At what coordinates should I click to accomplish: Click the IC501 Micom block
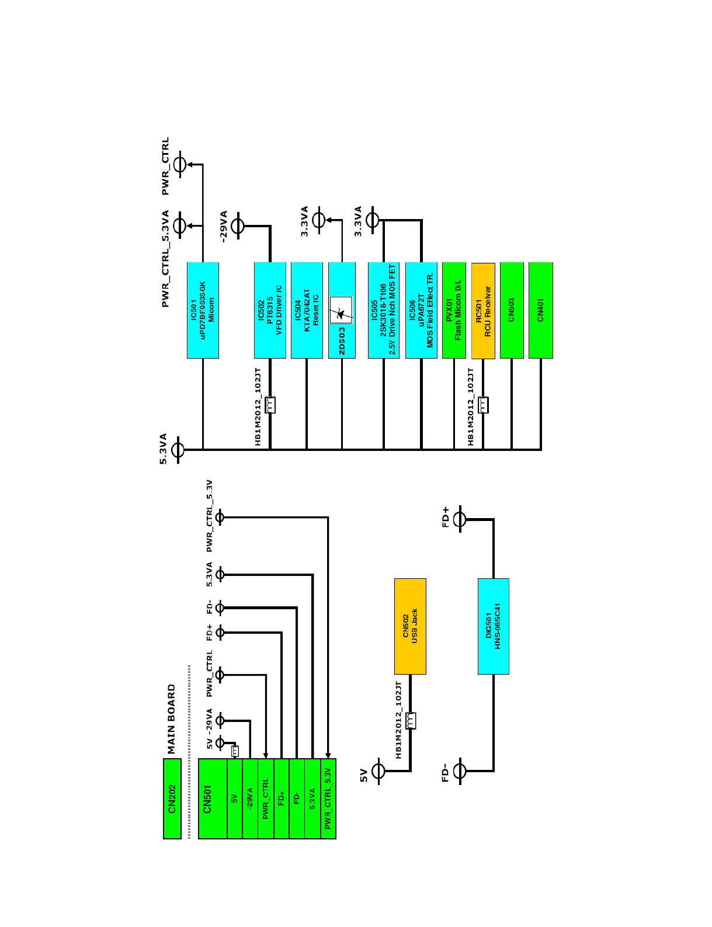(x=203, y=310)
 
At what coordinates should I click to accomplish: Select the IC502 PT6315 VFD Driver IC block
(x=270, y=310)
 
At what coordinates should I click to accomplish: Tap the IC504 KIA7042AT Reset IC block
(x=307, y=310)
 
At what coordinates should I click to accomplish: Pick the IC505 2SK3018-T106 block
(x=383, y=310)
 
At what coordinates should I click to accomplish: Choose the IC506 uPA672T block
(x=421, y=310)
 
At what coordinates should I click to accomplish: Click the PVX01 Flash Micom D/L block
(x=454, y=310)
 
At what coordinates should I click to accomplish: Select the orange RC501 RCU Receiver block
(x=483, y=310)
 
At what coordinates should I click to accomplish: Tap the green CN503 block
(x=512, y=310)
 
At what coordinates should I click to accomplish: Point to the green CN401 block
(x=540, y=310)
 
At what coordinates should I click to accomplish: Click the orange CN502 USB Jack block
(x=410, y=626)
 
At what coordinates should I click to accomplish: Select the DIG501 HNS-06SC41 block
(x=494, y=626)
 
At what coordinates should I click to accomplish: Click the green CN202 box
(x=172, y=798)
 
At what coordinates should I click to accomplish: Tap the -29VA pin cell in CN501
(x=250, y=798)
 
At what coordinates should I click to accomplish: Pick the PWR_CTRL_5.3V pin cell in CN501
(x=328, y=798)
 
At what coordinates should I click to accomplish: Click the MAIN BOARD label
(x=172, y=719)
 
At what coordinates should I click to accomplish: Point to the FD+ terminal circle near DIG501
(x=460, y=519)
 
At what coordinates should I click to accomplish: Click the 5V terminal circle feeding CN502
(x=379, y=771)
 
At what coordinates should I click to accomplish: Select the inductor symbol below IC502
(x=270, y=404)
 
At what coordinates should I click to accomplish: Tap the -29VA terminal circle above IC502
(x=238, y=225)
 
